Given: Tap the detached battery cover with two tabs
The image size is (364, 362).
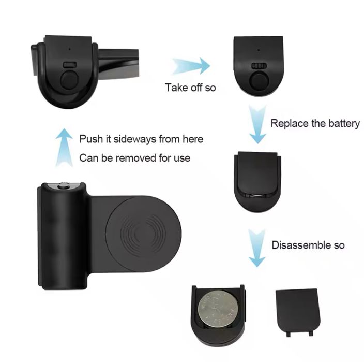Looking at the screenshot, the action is point(298,312).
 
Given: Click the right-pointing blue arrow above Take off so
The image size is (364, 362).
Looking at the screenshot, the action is point(191,66).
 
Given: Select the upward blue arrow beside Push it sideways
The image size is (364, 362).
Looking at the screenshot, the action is point(64,148).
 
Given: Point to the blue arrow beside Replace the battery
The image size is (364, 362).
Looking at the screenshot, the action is point(257,124).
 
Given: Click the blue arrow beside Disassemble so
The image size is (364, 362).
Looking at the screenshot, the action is point(257,248).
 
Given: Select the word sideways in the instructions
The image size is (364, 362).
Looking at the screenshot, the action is point(135,139).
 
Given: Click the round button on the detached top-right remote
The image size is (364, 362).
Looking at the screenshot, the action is point(259,80).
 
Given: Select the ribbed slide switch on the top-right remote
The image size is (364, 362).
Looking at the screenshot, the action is point(259,66).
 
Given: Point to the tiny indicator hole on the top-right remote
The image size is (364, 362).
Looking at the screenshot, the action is point(259,50).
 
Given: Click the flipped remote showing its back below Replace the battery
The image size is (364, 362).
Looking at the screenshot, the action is point(257,182).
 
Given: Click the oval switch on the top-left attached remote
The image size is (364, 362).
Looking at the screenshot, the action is point(70,65).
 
